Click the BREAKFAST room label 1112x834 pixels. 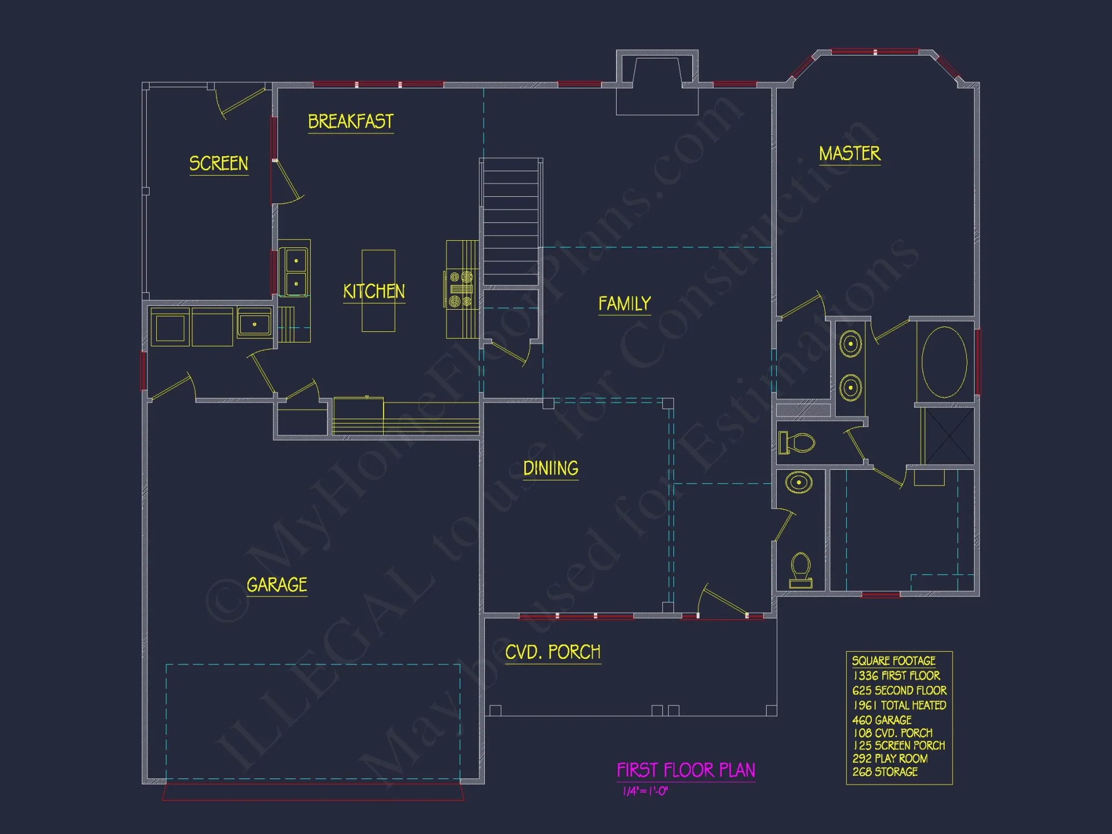pyautogui.click(x=350, y=121)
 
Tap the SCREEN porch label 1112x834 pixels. pyautogui.click(x=219, y=163)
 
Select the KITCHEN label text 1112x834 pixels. pyautogui.click(x=374, y=291)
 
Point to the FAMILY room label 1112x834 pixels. pyautogui.click(x=624, y=304)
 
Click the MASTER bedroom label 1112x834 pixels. pyautogui.click(x=849, y=153)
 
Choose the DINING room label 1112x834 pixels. pyautogui.click(x=550, y=468)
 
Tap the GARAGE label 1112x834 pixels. pyautogui.click(x=276, y=585)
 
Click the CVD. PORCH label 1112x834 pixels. pyautogui.click(x=553, y=652)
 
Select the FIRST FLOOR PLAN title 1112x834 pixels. pyautogui.click(x=686, y=770)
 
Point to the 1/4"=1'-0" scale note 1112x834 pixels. pyautogui.click(x=645, y=791)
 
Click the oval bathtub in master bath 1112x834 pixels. pyautogui.click(x=944, y=363)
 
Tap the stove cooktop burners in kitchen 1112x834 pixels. pyautogui.click(x=461, y=289)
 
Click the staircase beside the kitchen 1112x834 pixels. pyautogui.click(x=510, y=222)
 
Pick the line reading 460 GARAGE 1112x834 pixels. pyautogui.click(x=881, y=719)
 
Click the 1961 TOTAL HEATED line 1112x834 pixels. pyautogui.click(x=899, y=705)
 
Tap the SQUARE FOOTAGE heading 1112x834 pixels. pyautogui.click(x=893, y=661)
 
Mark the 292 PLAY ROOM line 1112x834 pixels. pyautogui.click(x=890, y=758)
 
